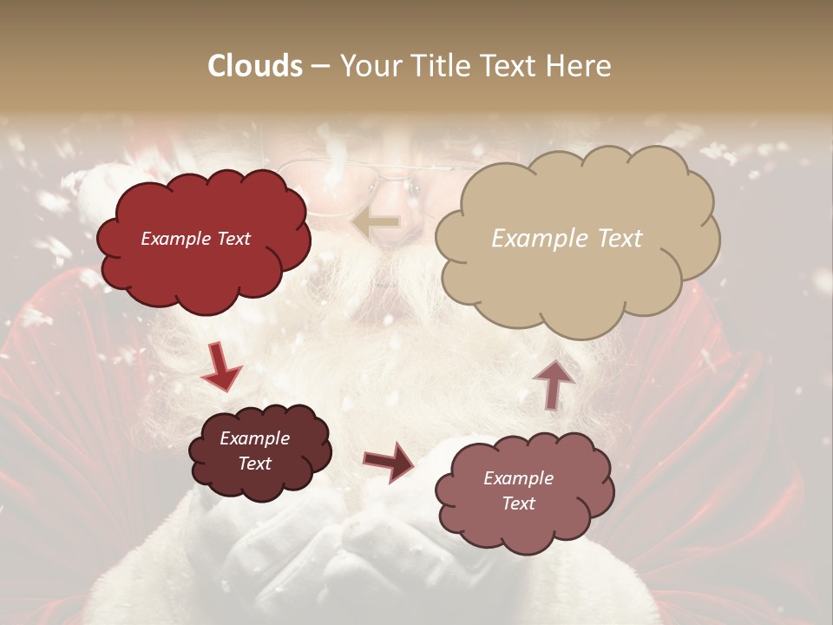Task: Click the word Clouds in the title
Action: pos(255,66)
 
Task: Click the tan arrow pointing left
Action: pos(375,223)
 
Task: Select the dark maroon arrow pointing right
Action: pos(389,461)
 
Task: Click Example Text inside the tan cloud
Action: pos(567,239)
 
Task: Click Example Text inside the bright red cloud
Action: pos(195,239)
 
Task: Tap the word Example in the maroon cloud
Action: pos(254,438)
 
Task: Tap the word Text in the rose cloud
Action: pos(518,503)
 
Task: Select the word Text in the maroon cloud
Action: pos(254,464)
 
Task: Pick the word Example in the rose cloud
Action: pos(518,478)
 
